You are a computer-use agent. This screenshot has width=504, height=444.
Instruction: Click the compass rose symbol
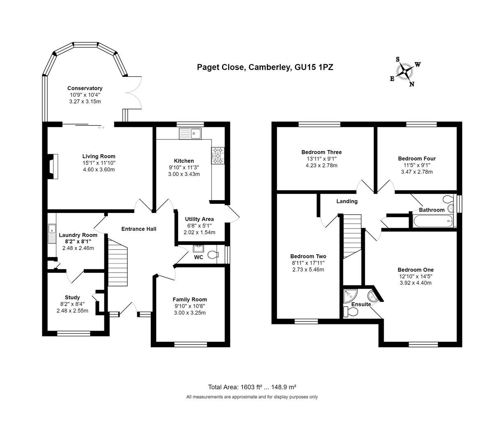(x=405, y=72)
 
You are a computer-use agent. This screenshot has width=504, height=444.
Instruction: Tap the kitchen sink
(x=190, y=133)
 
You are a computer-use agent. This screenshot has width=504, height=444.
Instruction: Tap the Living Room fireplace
(x=53, y=166)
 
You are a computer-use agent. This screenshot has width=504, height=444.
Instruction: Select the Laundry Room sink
(x=52, y=234)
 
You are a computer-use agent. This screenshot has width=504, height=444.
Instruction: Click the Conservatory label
(x=85, y=88)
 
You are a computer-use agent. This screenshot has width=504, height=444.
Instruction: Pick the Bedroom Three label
(x=321, y=152)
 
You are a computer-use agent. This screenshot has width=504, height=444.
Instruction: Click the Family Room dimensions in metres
(x=189, y=313)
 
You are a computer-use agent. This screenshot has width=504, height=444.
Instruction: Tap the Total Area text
(x=252, y=387)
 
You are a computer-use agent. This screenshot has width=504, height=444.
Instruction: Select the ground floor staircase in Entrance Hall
(x=117, y=263)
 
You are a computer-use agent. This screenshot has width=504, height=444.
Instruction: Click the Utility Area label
(x=199, y=219)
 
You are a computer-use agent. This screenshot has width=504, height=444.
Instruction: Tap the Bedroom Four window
(x=421, y=124)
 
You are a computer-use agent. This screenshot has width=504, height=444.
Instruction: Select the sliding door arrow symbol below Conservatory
(x=101, y=127)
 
